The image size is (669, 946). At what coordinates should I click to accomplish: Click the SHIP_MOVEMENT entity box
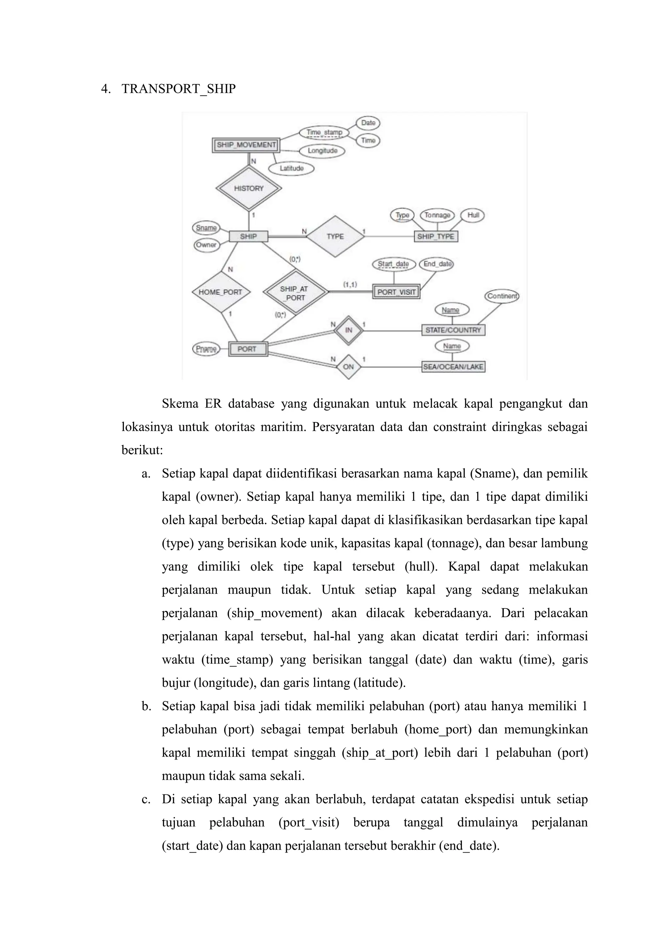246,145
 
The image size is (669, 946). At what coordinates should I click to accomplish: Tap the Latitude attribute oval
291,169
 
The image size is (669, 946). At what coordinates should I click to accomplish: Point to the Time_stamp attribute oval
324,133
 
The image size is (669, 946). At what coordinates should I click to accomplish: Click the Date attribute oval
368,123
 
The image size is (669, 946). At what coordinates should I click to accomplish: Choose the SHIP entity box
248,236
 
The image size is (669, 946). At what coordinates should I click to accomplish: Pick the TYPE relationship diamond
335,236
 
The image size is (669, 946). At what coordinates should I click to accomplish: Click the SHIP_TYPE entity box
435,236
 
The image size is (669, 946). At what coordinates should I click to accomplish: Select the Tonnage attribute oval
437,215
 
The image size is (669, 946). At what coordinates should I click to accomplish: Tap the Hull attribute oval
473,215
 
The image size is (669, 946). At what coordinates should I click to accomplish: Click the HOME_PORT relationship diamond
220,292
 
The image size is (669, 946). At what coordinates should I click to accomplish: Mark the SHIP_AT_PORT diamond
295,293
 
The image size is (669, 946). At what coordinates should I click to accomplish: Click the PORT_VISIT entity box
396,292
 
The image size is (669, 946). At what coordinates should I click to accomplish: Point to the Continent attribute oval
502,296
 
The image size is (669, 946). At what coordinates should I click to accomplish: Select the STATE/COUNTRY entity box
453,330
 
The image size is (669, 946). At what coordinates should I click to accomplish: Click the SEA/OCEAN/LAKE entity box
453,367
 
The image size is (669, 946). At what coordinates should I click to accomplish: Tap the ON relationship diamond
349,367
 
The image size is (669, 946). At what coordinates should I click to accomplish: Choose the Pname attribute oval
206,349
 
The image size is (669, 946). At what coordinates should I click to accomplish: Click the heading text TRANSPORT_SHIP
178,89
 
